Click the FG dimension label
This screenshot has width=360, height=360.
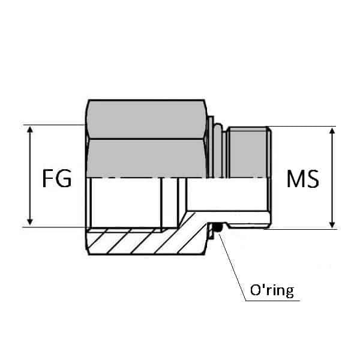click(57, 179)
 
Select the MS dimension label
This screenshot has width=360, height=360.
click(302, 179)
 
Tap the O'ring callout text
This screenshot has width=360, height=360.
click(271, 291)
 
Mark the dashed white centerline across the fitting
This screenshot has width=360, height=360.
click(180, 178)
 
